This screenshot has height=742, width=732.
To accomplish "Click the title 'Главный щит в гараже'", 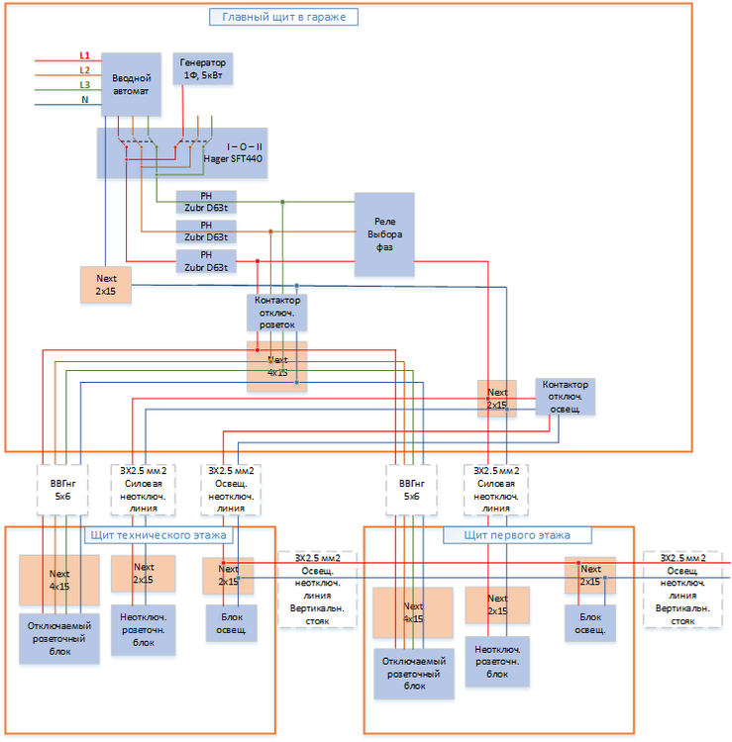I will [x=283, y=17].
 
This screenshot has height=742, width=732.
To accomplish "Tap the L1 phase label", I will [x=84, y=56].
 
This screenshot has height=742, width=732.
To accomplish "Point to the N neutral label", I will [x=84, y=100].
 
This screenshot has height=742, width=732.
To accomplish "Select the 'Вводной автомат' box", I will [x=131, y=84].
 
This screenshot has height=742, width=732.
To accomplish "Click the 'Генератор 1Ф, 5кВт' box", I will [x=203, y=68].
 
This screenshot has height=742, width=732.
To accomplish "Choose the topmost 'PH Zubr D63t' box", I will [x=206, y=203].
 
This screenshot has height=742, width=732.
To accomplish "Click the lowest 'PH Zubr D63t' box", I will [x=206, y=261].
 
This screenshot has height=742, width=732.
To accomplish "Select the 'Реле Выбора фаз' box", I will [x=384, y=234].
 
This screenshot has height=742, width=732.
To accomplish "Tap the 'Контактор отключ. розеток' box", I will [x=277, y=312].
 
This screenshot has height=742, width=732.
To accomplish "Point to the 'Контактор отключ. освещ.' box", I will [x=565, y=397].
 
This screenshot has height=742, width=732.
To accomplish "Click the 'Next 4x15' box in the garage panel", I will [x=277, y=366].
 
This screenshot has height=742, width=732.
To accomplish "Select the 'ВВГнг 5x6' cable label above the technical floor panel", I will [x=61, y=490].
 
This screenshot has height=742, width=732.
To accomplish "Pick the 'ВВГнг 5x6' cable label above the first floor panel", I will [x=411, y=490].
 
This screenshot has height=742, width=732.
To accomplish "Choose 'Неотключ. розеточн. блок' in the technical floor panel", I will [x=143, y=629].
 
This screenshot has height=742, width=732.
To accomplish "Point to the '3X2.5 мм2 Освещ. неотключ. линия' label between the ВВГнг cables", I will [x=230, y=490].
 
